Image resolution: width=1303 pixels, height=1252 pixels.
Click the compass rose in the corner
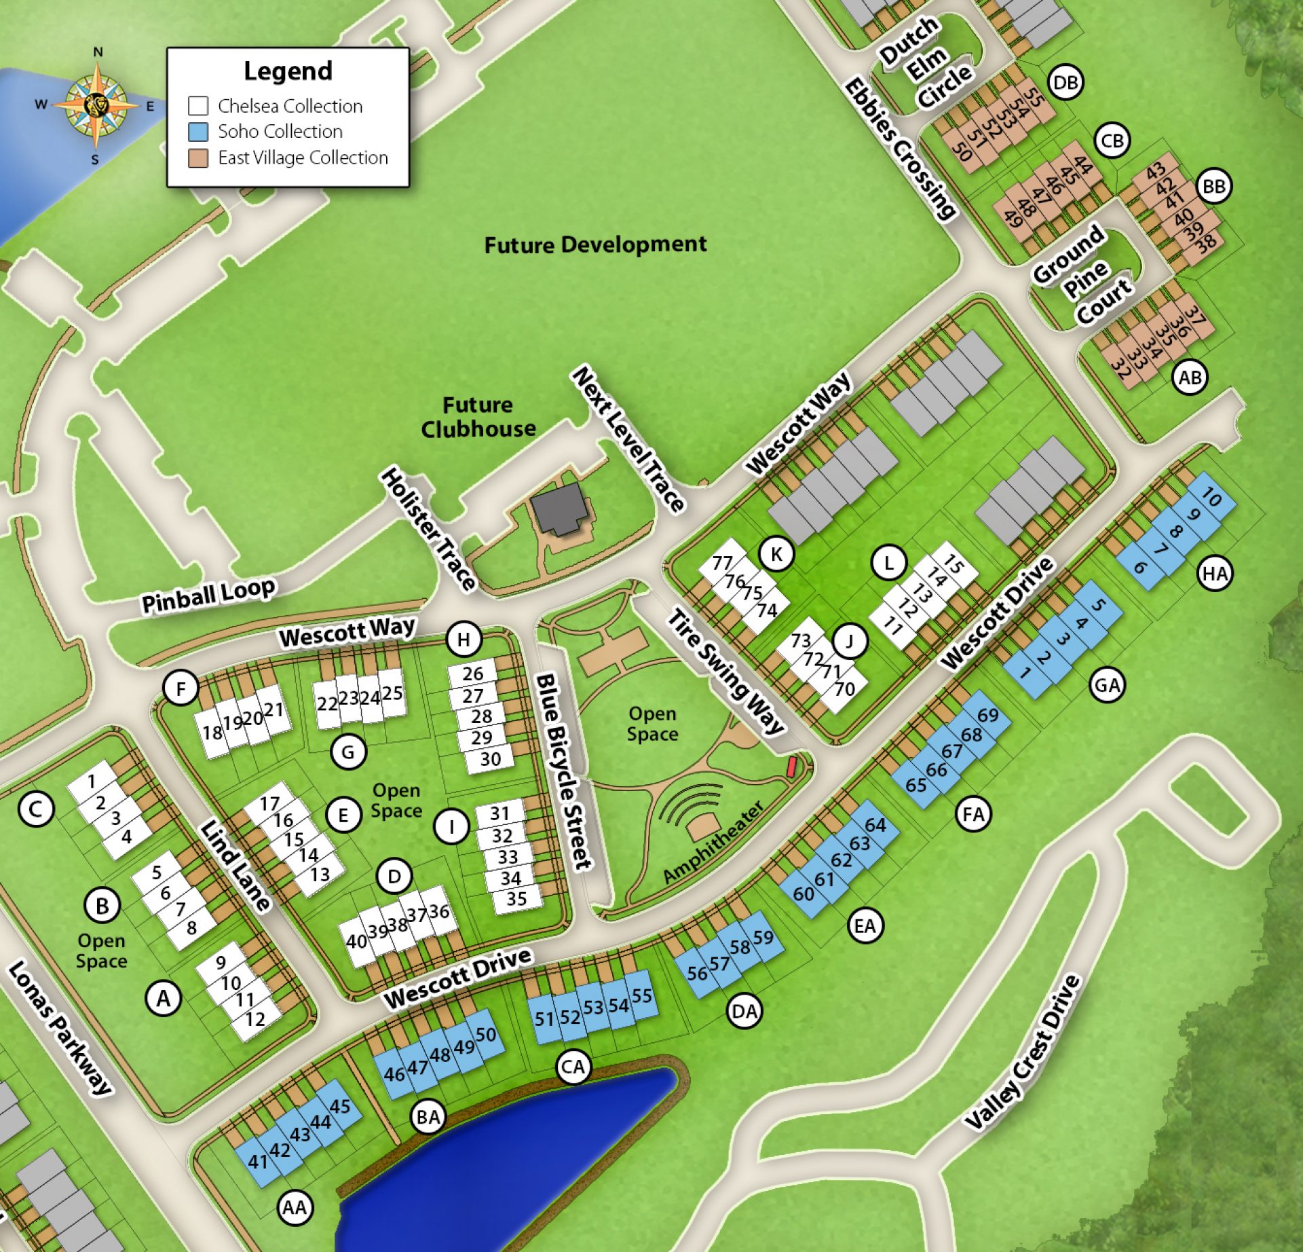[96, 105]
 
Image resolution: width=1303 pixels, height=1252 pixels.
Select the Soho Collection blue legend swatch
[197, 131]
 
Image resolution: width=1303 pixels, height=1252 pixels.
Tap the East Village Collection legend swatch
[197, 158]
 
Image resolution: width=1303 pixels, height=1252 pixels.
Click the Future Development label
[595, 244]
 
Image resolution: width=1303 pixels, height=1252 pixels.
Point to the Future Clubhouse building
[558, 508]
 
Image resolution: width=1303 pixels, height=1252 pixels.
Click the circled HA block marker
[1215, 574]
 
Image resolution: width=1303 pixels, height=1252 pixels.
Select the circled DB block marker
[1065, 83]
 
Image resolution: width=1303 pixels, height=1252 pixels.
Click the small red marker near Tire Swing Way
[791, 767]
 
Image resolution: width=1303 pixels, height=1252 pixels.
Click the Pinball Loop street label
[208, 594]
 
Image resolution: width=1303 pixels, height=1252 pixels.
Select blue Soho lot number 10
[1211, 498]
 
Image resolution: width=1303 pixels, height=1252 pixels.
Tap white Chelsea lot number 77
[723, 563]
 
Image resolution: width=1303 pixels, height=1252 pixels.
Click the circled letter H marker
[464, 639]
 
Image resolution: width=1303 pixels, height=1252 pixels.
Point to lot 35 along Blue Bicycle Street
[516, 899]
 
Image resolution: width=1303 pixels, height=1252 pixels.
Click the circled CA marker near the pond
[573, 1067]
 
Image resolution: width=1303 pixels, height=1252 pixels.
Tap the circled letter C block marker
[36, 809]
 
